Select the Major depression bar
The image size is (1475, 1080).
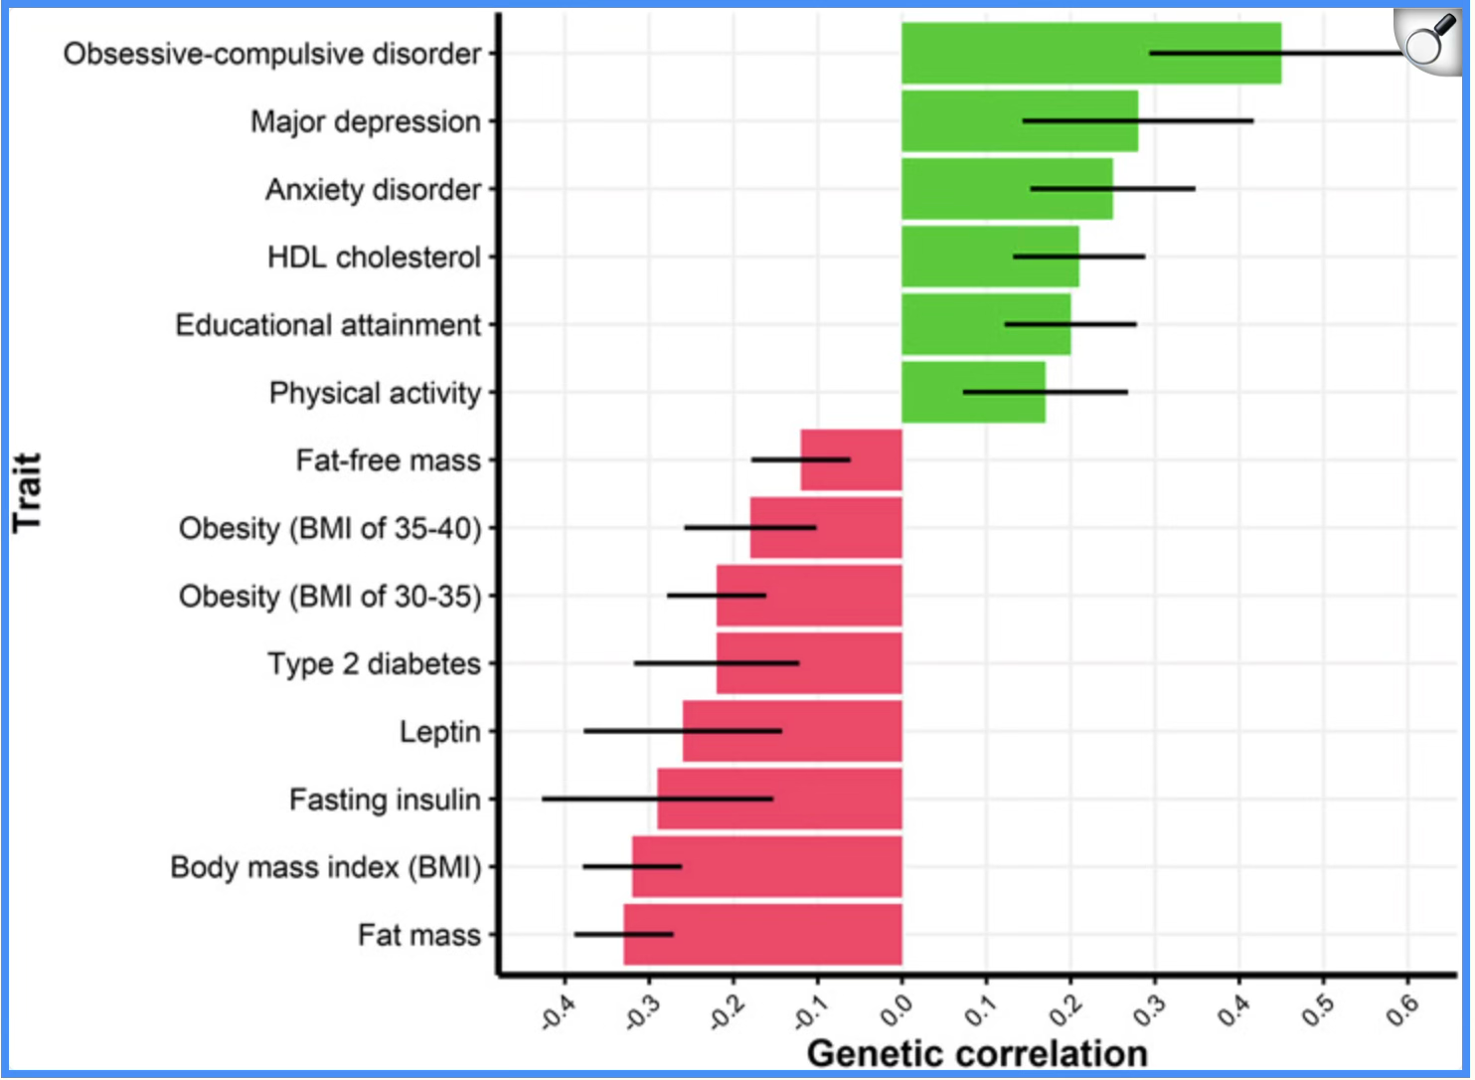click(1019, 120)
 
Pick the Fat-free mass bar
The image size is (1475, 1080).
click(851, 459)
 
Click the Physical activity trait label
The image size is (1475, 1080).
click(375, 393)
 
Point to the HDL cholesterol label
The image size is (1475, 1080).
click(374, 258)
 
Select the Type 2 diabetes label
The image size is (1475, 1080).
click(374, 663)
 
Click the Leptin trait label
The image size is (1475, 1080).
click(439, 732)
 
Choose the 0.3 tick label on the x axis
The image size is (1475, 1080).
click(1150, 1010)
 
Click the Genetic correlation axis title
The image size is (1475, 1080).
click(976, 1053)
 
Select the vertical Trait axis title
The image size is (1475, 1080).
click(28, 492)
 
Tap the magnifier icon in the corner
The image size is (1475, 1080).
click(1429, 40)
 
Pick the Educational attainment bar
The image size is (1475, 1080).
click(985, 324)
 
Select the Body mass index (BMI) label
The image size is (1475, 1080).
click(326, 867)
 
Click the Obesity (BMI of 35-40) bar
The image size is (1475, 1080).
click(825, 527)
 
